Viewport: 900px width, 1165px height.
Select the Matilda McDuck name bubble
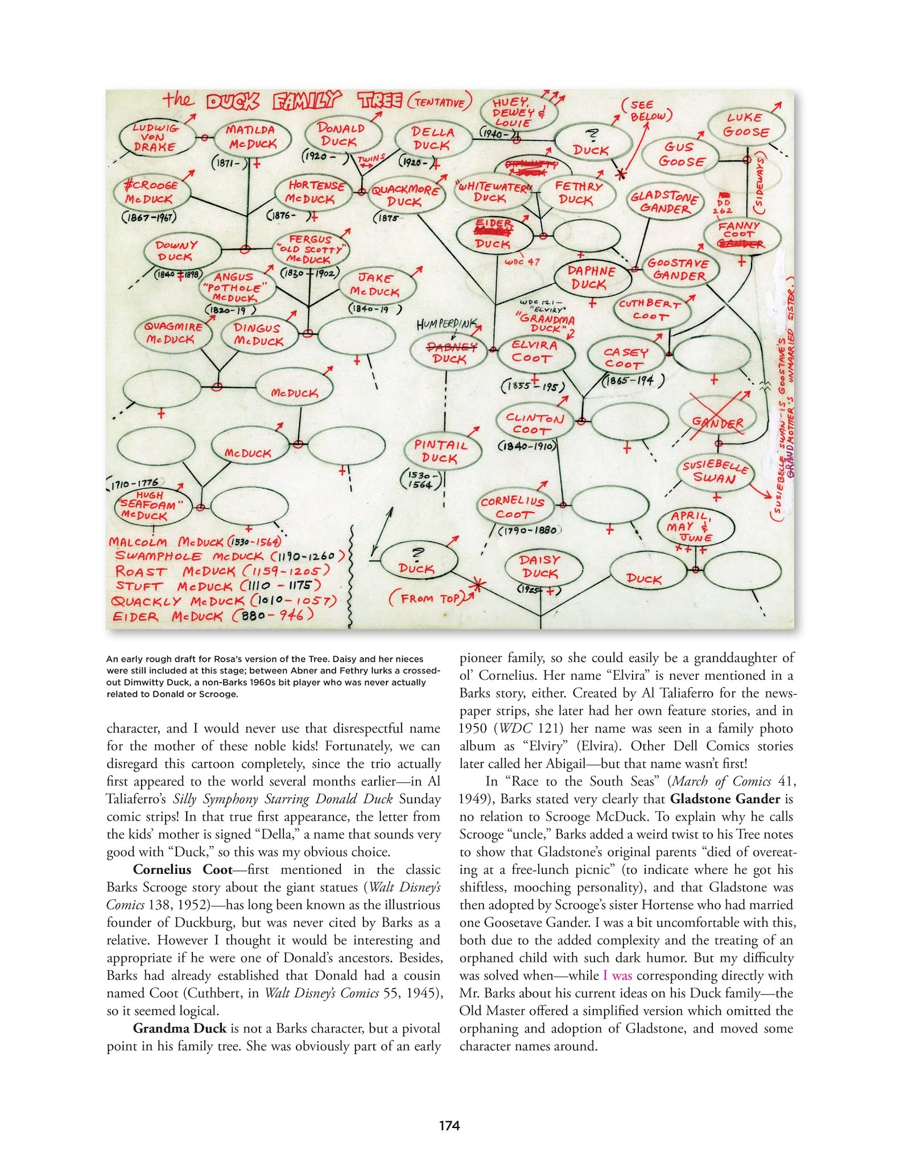tap(251, 138)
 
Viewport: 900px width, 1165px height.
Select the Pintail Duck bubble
tap(441, 452)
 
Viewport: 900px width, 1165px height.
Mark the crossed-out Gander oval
tap(717, 422)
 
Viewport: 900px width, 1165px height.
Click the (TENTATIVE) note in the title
tap(440, 102)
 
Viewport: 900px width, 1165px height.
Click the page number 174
tap(449, 1125)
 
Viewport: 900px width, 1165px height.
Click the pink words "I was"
tap(617, 975)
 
